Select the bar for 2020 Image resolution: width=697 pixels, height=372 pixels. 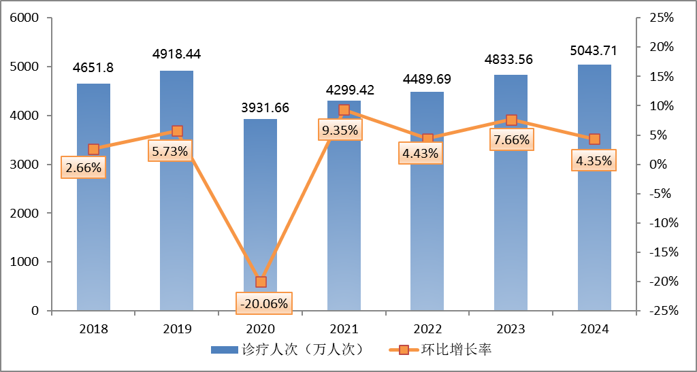click(x=261, y=204)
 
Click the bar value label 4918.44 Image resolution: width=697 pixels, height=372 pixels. click(x=177, y=54)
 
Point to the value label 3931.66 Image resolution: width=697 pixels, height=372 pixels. click(x=261, y=107)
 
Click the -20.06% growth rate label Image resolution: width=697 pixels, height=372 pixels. click(x=263, y=303)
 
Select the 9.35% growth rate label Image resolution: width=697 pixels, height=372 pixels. click(x=340, y=130)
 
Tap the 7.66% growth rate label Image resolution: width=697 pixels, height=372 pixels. click(x=510, y=141)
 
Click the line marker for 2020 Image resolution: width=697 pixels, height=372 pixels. click(x=261, y=282)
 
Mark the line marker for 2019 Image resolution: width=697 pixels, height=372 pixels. click(x=177, y=131)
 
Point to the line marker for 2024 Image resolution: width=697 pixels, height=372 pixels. click(x=594, y=139)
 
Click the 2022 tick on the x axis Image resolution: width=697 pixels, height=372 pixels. click(x=427, y=329)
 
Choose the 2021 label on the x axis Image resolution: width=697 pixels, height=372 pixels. click(x=344, y=329)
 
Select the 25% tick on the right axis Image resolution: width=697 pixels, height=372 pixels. click(x=661, y=18)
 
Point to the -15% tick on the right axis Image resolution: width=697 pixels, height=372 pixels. click(x=659, y=252)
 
